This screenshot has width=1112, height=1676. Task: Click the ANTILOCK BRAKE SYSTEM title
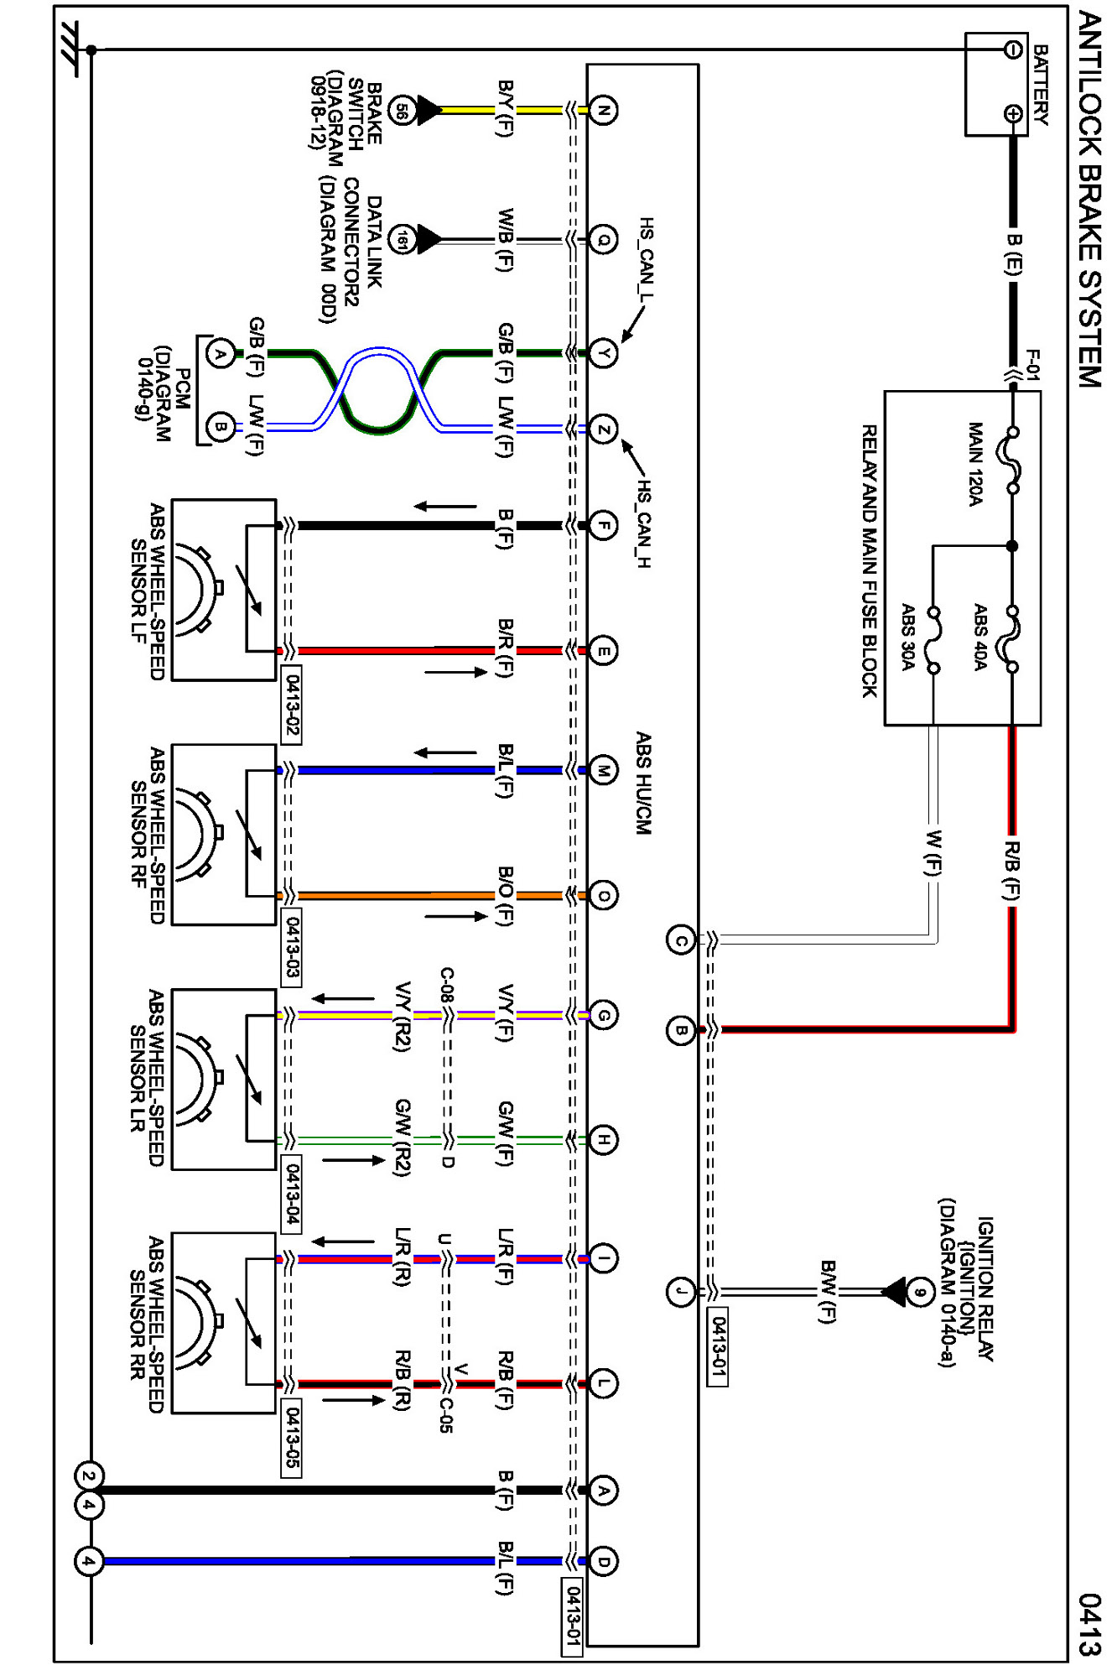(x=1089, y=199)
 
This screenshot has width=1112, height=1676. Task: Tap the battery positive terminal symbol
(x=1013, y=114)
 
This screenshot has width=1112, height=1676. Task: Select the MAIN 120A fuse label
(x=975, y=464)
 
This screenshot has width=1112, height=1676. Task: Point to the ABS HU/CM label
(x=643, y=783)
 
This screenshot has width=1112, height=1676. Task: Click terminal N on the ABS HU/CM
(x=603, y=110)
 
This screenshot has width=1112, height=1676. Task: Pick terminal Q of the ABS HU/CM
(x=603, y=240)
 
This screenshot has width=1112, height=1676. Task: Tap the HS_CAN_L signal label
(x=646, y=258)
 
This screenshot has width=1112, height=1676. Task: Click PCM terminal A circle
(x=221, y=354)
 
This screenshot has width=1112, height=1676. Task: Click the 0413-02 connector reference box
(x=292, y=705)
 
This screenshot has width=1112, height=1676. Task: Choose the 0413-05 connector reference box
(x=291, y=1438)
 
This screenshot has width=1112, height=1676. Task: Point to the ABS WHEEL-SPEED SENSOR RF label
(x=148, y=835)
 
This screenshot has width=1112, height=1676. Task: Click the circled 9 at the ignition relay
(x=920, y=1292)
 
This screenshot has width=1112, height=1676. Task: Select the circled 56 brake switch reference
(x=403, y=110)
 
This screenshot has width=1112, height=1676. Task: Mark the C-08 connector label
(x=447, y=986)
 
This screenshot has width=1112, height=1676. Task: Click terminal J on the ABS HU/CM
(x=681, y=1292)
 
